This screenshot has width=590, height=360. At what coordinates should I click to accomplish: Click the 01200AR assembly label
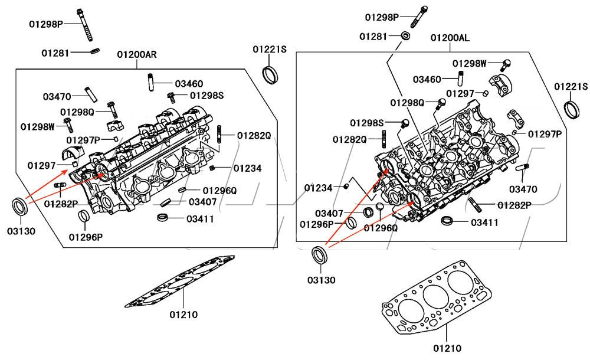tap(136, 55)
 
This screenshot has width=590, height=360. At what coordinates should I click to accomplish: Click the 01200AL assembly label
tap(450, 38)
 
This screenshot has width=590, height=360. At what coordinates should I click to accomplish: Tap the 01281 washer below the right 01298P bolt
tap(406, 37)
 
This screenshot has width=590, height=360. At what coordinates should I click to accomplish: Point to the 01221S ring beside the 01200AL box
tap(571, 110)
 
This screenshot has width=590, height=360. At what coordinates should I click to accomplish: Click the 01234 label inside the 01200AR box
tap(247, 168)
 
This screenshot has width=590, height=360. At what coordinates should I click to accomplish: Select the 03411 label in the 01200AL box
tap(484, 222)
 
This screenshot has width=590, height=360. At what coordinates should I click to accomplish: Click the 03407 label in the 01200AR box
tap(202, 202)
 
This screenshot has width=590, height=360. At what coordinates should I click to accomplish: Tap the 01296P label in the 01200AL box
tap(317, 224)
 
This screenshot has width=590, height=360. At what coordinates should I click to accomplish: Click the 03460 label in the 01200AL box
tap(427, 79)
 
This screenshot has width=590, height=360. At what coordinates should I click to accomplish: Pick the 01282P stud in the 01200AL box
tap(476, 205)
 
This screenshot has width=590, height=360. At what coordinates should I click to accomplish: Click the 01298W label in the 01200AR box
tap(37, 126)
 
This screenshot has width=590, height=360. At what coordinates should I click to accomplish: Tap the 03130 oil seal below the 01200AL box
tap(319, 254)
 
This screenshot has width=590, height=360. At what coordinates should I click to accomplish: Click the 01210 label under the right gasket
tap(447, 348)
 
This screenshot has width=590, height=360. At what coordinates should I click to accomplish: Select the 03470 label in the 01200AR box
tap(57, 96)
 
